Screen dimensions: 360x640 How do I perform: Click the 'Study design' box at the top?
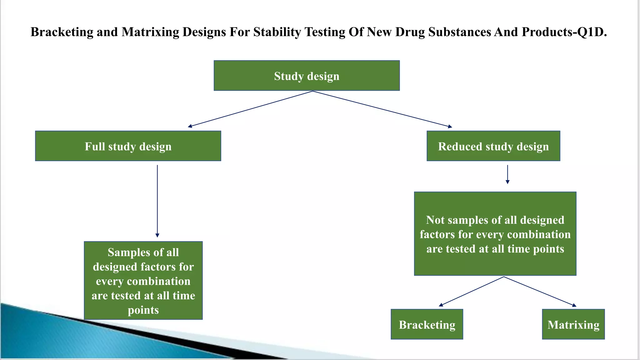(x=307, y=76)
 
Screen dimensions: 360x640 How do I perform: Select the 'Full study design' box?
(x=128, y=146)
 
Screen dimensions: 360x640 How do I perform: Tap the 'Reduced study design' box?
(x=493, y=146)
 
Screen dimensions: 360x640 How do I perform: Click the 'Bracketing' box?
(x=427, y=324)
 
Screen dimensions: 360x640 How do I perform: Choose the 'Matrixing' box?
(x=573, y=324)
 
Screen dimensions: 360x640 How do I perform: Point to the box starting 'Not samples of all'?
(x=495, y=234)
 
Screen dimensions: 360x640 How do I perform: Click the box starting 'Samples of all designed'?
(x=143, y=280)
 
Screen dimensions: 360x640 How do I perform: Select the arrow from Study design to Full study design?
(x=250, y=109)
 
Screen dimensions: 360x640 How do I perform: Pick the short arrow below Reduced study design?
(x=507, y=174)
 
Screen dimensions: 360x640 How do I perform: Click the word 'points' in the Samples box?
(x=143, y=310)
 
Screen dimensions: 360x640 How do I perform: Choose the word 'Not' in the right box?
(x=435, y=220)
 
